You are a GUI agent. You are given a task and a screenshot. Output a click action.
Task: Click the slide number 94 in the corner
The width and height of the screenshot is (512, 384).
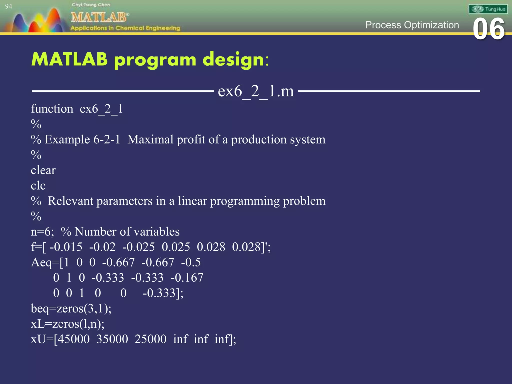(x=8, y=6)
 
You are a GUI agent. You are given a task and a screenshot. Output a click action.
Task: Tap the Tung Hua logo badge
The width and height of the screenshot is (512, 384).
(x=488, y=9)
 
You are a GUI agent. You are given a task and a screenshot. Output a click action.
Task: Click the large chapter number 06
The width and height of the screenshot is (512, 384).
(x=488, y=29)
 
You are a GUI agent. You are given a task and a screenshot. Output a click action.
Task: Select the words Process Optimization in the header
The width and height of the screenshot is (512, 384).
(x=412, y=25)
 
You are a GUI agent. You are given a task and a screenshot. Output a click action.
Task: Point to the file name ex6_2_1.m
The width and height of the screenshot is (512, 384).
(x=256, y=91)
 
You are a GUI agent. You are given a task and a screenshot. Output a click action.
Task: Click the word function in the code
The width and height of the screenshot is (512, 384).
(x=52, y=109)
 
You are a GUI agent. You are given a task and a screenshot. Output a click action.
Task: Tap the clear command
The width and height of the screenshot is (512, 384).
(x=43, y=170)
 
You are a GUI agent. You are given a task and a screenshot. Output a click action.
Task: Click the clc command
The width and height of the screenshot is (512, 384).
(x=38, y=186)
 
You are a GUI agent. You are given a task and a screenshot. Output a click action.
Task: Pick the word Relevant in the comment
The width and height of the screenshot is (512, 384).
(x=70, y=201)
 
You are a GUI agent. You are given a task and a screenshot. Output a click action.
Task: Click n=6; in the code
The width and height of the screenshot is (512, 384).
(x=42, y=232)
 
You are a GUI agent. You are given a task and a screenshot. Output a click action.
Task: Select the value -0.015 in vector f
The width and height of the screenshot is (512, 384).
(x=66, y=247)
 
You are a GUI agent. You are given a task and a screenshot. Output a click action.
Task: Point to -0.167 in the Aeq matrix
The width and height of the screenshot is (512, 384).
(x=187, y=278)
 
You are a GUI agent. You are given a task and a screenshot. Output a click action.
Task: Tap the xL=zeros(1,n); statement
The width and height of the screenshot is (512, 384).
(x=67, y=324)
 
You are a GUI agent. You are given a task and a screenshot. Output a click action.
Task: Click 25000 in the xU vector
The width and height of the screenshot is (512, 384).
(x=150, y=339)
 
